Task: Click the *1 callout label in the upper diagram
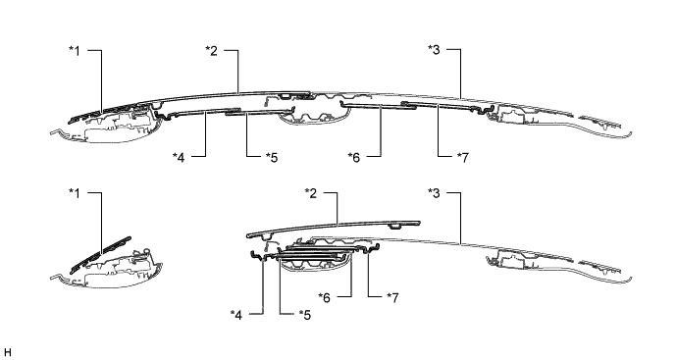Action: point(75,51)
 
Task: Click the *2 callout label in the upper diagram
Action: point(211,51)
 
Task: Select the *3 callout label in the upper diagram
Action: point(434,50)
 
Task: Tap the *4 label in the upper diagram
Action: point(179,158)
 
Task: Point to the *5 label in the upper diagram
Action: point(272,158)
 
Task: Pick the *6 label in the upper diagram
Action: point(354,158)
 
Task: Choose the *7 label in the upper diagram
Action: point(462,158)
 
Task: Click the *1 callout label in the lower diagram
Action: point(75,193)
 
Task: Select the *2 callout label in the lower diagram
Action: point(311,193)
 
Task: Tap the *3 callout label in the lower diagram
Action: point(434,193)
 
